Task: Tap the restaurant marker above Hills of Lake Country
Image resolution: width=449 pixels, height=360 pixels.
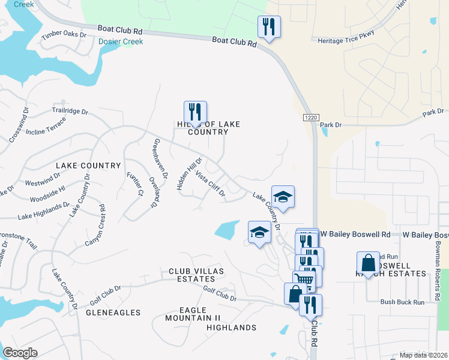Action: pyautogui.click(x=195, y=112)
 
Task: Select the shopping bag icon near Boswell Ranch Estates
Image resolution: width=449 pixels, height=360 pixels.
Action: pyautogui.click(x=368, y=263)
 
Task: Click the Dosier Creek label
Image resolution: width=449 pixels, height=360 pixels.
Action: pyautogui.click(x=121, y=41)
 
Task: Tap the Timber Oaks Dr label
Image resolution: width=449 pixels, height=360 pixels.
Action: pyautogui.click(x=64, y=35)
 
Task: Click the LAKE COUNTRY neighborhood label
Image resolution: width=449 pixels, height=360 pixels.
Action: pyautogui.click(x=88, y=165)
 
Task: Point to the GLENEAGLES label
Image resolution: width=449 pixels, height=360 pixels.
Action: pyautogui.click(x=113, y=313)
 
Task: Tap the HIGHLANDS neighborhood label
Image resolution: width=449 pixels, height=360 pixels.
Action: pyautogui.click(x=231, y=328)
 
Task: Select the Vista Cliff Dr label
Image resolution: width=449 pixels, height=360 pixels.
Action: pyautogui.click(x=210, y=184)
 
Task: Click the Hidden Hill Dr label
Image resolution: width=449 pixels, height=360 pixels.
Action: pyautogui.click(x=190, y=174)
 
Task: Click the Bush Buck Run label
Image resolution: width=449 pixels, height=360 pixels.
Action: pyautogui.click(x=402, y=302)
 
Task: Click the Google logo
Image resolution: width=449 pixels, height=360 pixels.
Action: pyautogui.click(x=20, y=353)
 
